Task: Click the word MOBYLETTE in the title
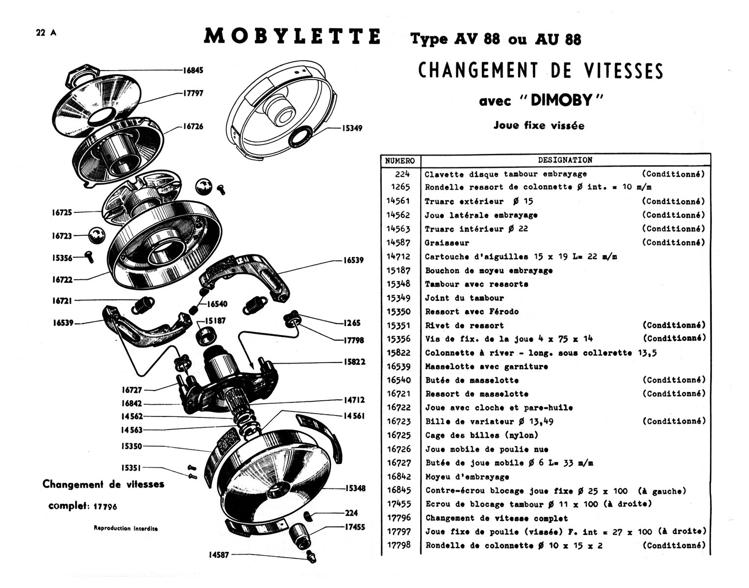292,36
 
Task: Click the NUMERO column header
400,160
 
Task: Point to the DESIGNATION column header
565,160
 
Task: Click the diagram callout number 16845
193,70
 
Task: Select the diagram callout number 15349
352,128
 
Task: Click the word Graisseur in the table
447,243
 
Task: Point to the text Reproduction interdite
126,528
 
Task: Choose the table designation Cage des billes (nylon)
481,435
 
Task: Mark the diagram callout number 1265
352,323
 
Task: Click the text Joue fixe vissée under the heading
539,125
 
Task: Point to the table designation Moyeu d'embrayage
467,476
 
